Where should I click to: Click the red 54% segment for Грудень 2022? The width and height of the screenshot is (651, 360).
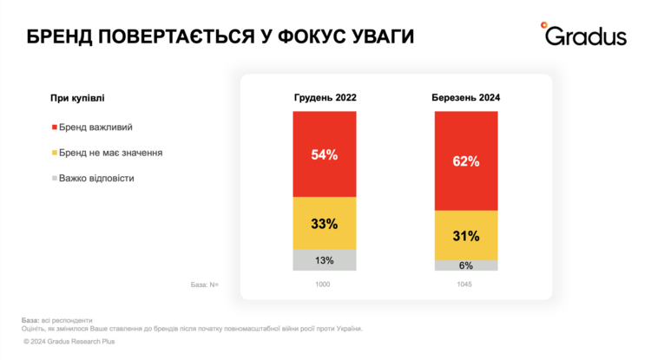(325, 154)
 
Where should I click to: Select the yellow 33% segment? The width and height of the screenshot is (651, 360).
(325, 223)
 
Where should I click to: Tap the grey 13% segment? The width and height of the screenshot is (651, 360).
(325, 260)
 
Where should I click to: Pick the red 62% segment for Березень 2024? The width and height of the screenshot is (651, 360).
(466, 160)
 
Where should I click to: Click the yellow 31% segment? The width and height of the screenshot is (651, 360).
(466, 235)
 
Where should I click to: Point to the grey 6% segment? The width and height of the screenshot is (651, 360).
(466, 265)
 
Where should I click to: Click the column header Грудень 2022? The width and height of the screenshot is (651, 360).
(325, 97)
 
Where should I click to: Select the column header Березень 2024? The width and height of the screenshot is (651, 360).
(466, 97)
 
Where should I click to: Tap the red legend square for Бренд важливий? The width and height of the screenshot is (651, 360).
(55, 128)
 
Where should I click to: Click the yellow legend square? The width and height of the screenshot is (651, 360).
(55, 154)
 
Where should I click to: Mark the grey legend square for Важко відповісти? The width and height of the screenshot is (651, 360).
(55, 179)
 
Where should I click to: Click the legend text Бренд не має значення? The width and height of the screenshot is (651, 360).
(111, 153)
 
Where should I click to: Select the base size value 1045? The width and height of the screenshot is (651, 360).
(466, 285)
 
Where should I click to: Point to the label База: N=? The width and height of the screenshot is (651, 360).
(204, 285)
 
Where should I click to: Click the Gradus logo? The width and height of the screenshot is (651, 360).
(583, 35)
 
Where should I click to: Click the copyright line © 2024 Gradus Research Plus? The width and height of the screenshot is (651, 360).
(69, 342)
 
